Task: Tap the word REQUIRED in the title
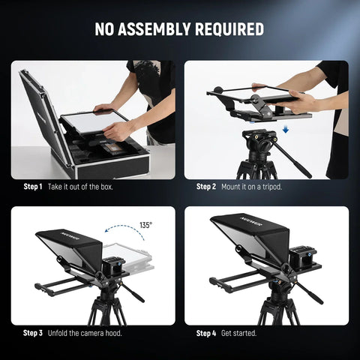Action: pyautogui.click(x=233, y=30)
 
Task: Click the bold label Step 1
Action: pyautogui.click(x=32, y=186)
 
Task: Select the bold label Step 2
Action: pyautogui.click(x=206, y=186)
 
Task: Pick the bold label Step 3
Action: pyautogui.click(x=32, y=332)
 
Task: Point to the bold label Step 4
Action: pyautogui.click(x=206, y=332)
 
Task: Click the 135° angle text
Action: pyautogui.click(x=145, y=223)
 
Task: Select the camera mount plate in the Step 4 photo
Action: pyautogui.click(x=303, y=254)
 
